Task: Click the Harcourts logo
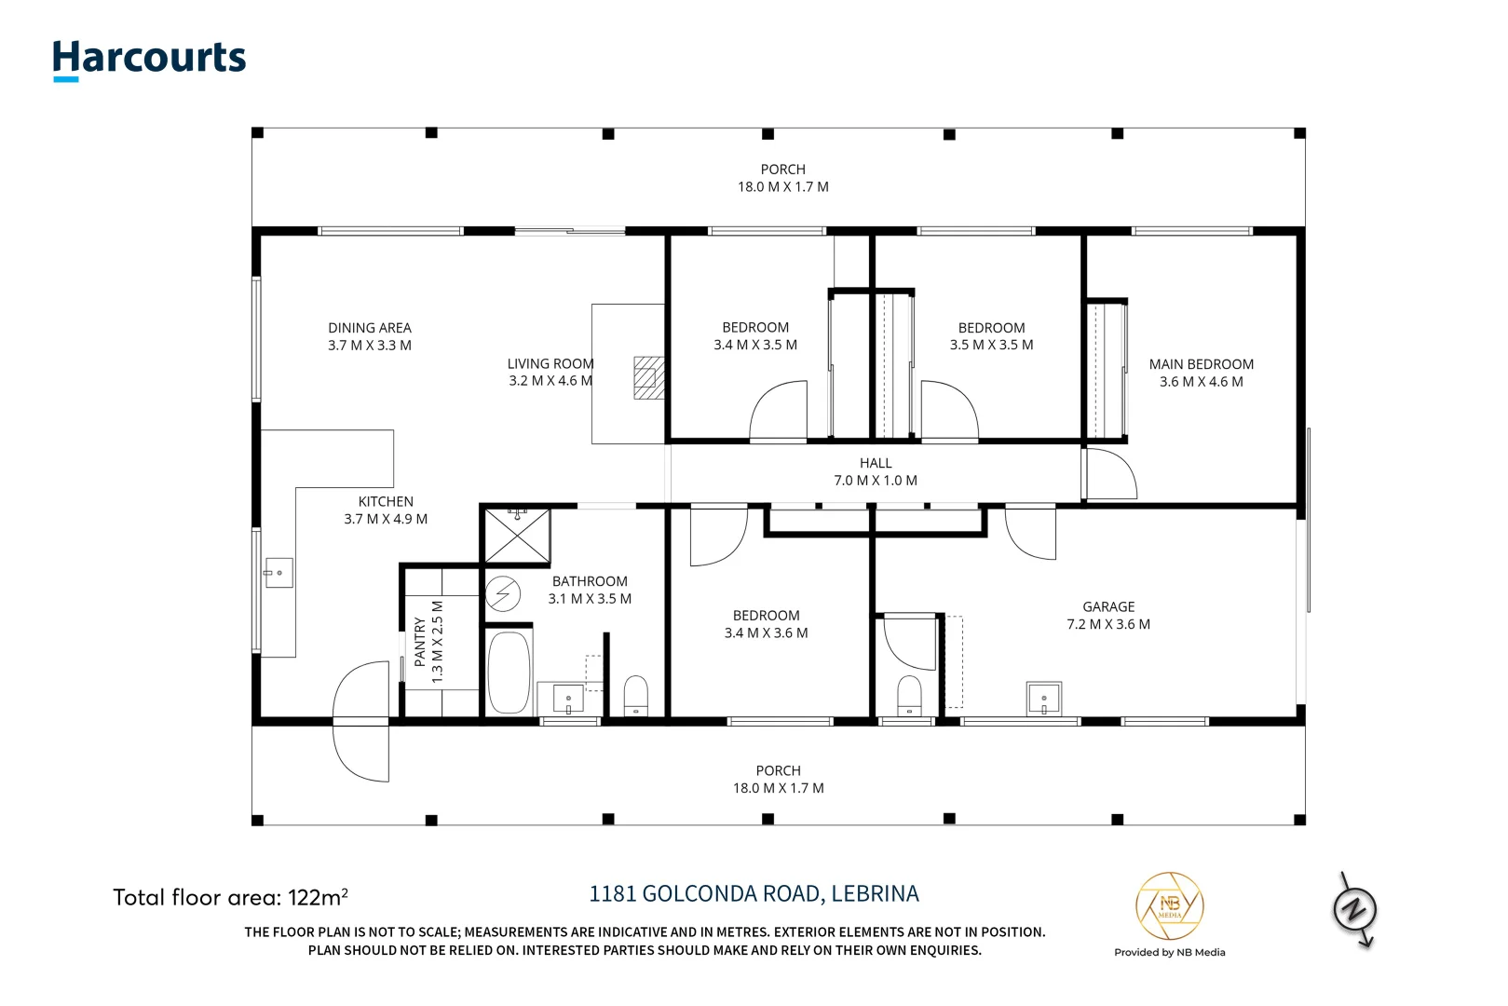coord(149,61)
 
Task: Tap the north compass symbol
coord(1355,910)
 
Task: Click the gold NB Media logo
coord(1169,905)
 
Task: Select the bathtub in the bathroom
coord(509,672)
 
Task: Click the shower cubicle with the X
coord(517,536)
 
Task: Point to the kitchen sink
coord(279,572)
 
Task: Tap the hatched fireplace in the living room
coord(649,378)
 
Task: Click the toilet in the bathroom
coord(635,696)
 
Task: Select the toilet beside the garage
coord(909,696)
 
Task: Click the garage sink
coord(1043,699)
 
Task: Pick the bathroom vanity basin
coord(569,699)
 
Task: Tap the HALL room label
coord(876,463)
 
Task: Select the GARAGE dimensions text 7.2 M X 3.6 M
coord(1108,624)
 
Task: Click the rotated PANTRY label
coord(420,642)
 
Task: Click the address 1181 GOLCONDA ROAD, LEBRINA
coord(754,893)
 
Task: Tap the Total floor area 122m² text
coord(230,897)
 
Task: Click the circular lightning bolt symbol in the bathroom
coord(503,594)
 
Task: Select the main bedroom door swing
coord(1110,474)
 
